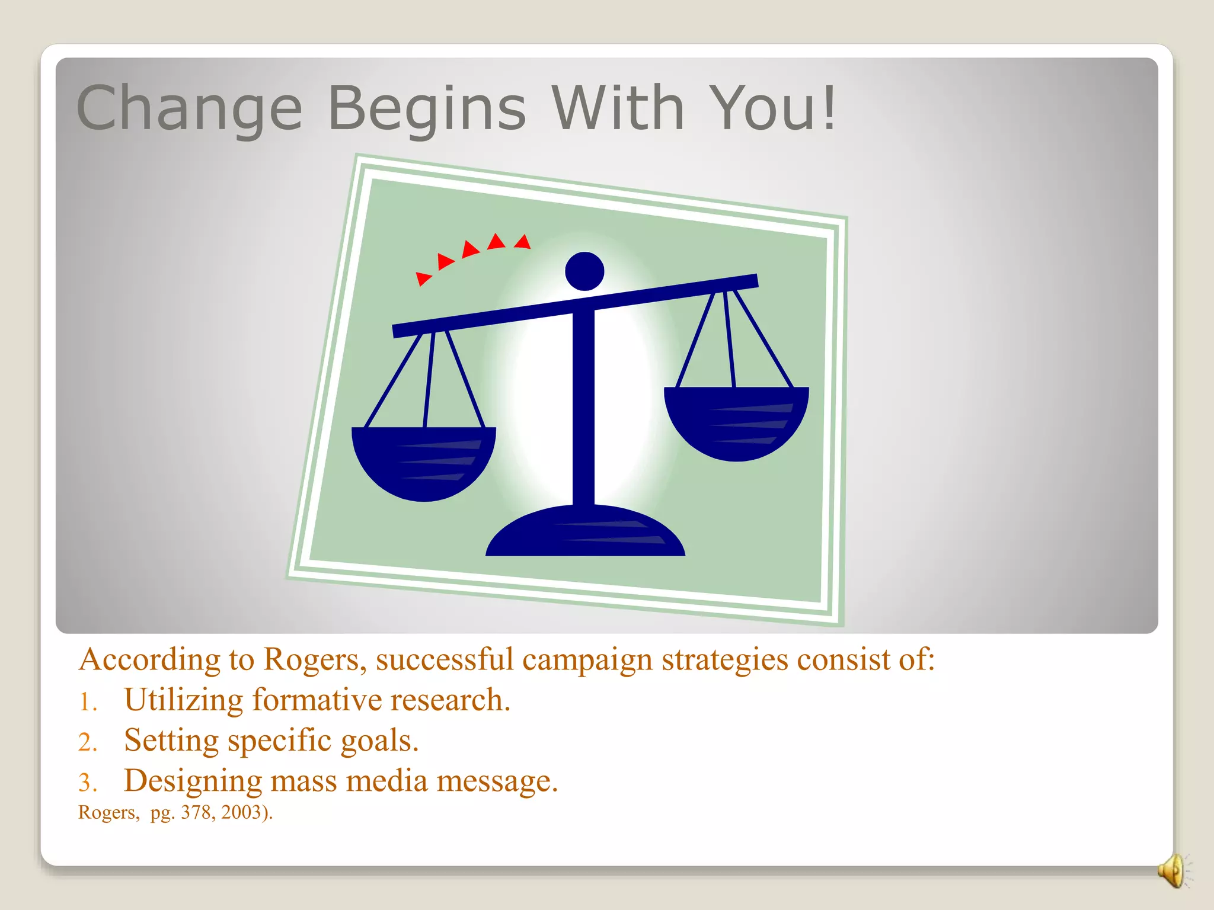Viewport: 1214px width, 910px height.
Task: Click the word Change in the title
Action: (x=189, y=108)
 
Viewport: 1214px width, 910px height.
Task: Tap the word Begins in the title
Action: (x=426, y=108)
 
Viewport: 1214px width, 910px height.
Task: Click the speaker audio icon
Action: (x=1173, y=871)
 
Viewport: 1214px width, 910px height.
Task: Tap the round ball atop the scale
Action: (x=584, y=271)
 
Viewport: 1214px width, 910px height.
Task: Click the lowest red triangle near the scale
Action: (x=423, y=278)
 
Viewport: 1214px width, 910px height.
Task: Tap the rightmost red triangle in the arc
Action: (x=523, y=242)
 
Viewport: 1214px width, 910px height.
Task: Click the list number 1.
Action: (x=87, y=703)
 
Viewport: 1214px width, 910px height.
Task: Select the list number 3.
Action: (x=87, y=783)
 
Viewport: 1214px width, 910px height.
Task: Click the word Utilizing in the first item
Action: (x=183, y=700)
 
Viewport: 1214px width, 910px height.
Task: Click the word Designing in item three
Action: (x=193, y=781)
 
